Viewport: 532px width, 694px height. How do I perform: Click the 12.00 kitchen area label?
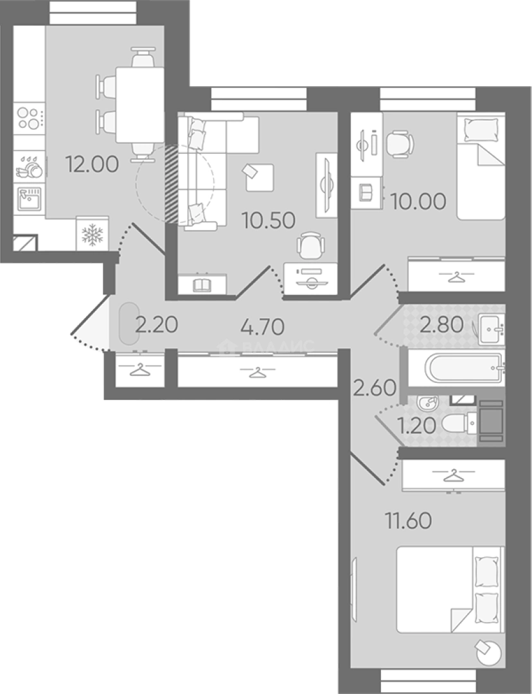point(92,165)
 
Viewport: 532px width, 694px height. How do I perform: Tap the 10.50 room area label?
point(269,220)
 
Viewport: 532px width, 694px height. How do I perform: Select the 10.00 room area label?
point(418,202)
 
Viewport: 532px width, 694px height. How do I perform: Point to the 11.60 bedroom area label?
point(408,521)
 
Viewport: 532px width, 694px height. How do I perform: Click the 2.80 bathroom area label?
point(441,325)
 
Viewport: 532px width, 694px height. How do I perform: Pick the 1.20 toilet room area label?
point(416,426)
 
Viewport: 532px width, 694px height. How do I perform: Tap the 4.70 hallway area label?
point(263,327)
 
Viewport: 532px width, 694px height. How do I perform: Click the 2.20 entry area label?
point(157,325)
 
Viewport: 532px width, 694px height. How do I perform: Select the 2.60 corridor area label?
point(375,388)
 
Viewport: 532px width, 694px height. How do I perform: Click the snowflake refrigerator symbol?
point(93,235)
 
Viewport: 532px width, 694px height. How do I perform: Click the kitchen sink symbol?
point(30,200)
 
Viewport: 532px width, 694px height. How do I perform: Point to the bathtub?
point(465,368)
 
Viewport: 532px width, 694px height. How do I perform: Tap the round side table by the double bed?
point(489,652)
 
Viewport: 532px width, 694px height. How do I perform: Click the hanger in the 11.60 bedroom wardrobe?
point(452,476)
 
